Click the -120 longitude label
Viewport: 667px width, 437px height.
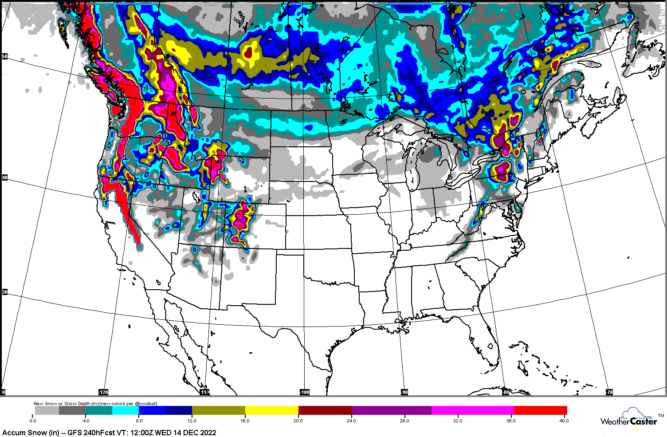point(103,392)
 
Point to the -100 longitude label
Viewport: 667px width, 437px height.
point(305,392)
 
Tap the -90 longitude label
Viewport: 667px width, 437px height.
point(404,392)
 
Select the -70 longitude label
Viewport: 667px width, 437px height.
point(609,392)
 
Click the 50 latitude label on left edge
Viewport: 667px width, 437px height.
point(5,57)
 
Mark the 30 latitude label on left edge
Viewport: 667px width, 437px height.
point(5,292)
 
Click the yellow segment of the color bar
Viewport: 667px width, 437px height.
point(271,410)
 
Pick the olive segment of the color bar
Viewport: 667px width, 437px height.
point(218,410)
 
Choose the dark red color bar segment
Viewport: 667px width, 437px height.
point(325,410)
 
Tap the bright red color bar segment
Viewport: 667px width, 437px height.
point(540,410)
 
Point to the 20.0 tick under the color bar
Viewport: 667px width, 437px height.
point(298,421)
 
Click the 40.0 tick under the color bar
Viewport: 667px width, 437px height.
point(563,421)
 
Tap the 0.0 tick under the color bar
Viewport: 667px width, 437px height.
point(33,421)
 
